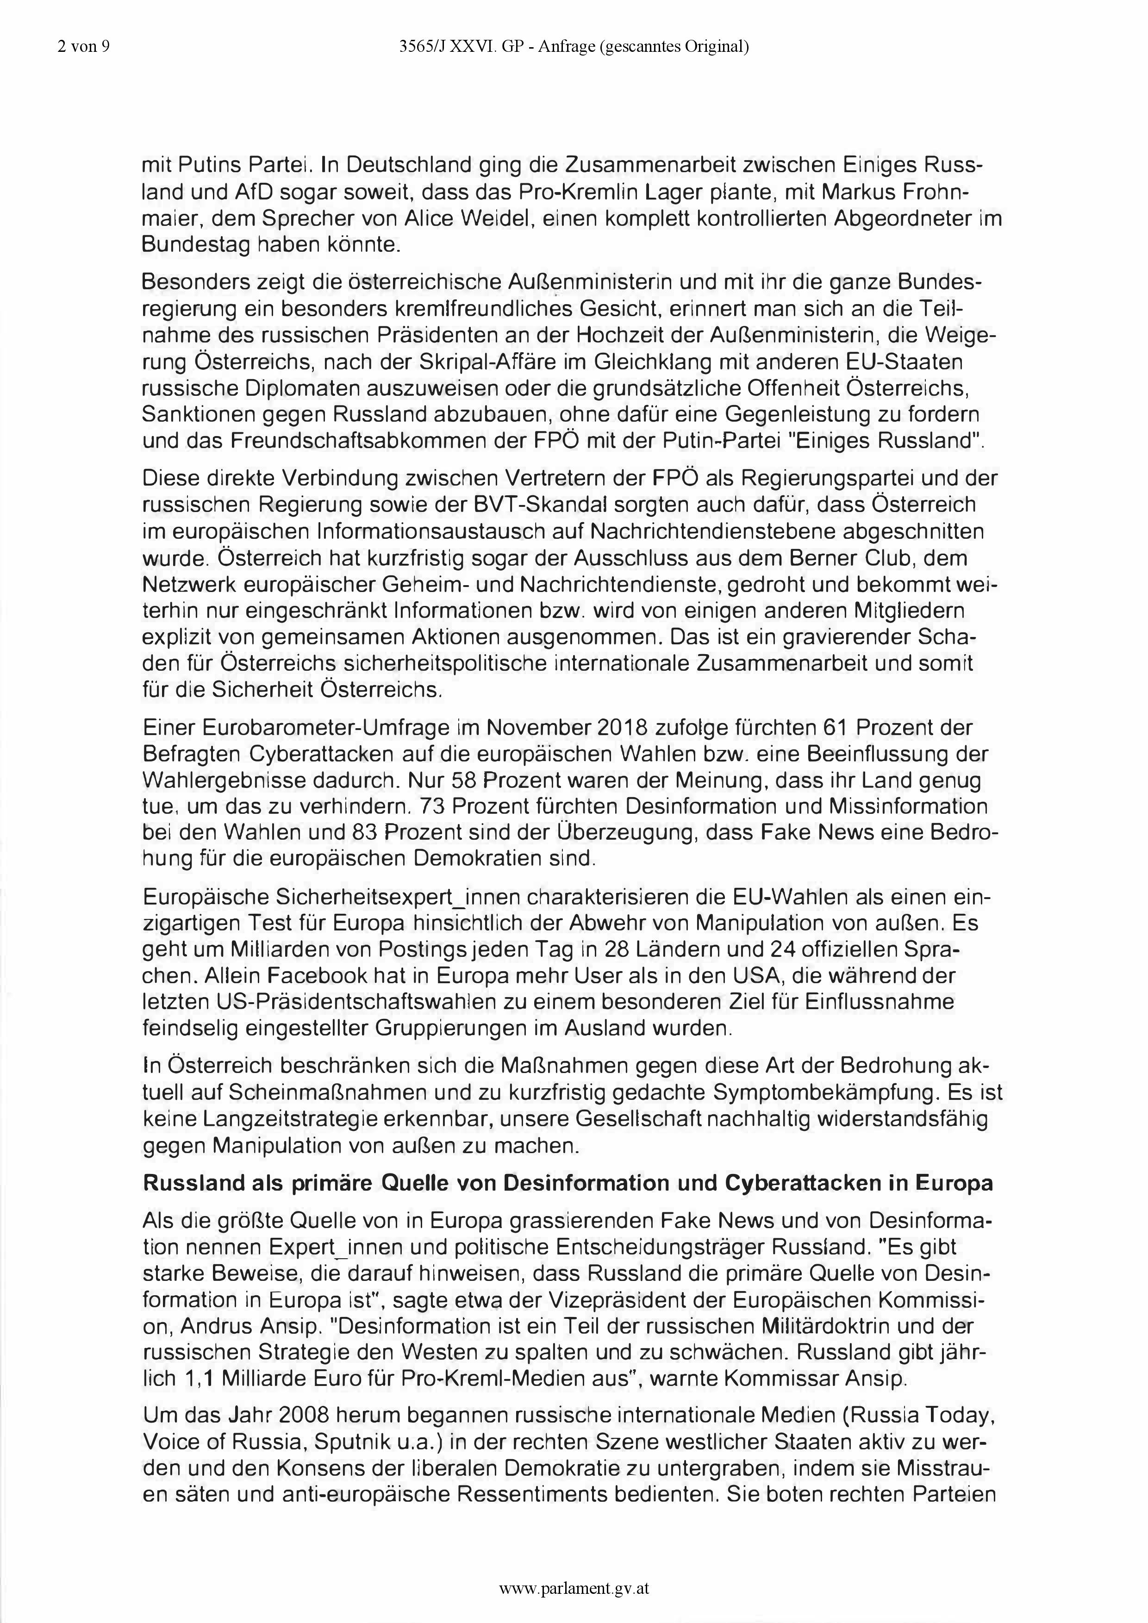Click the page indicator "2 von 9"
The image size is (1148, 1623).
click(83, 47)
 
